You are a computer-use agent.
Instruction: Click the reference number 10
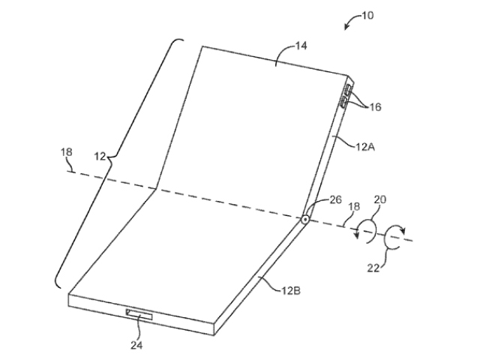click(x=367, y=15)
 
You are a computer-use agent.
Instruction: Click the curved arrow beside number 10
click(x=351, y=20)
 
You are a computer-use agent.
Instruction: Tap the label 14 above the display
click(x=301, y=46)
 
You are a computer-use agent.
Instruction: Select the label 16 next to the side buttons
click(x=375, y=106)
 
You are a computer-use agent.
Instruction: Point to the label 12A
click(x=365, y=147)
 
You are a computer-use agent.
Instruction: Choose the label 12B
click(x=291, y=290)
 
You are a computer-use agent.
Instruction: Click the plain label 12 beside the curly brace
click(x=100, y=157)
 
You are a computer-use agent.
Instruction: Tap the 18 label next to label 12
click(x=67, y=151)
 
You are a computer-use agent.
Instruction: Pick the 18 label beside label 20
click(x=354, y=206)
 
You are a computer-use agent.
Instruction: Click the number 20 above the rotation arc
click(x=380, y=199)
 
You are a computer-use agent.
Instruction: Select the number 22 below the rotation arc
click(x=373, y=268)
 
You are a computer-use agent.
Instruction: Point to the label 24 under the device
click(x=136, y=345)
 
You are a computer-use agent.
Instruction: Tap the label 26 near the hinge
click(x=335, y=199)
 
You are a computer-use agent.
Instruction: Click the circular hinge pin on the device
click(x=305, y=220)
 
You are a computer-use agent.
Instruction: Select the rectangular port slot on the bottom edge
click(x=139, y=314)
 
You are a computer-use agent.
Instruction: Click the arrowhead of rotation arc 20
click(x=356, y=234)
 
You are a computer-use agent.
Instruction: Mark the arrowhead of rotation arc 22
click(x=403, y=229)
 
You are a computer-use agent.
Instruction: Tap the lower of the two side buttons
click(x=343, y=102)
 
